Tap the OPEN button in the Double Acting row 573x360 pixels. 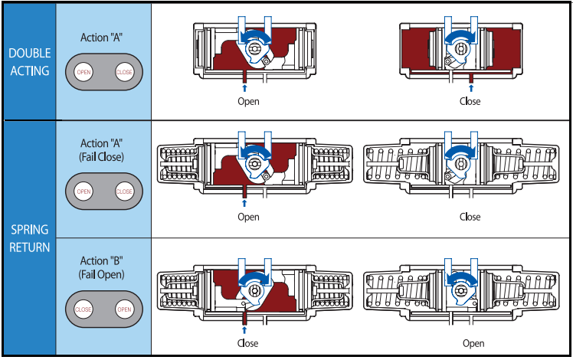click(83, 72)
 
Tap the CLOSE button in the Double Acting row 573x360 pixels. click(123, 72)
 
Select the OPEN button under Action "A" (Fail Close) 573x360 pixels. click(83, 191)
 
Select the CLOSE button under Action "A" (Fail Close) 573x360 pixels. click(123, 191)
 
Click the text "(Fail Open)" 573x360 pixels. click(103, 273)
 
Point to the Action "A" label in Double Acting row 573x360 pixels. click(103, 37)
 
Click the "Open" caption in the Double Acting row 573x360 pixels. click(248, 101)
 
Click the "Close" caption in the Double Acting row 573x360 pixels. click(470, 101)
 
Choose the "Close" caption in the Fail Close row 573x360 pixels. click(470, 217)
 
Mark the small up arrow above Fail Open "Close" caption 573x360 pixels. click(244, 329)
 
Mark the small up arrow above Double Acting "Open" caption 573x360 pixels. click(244, 89)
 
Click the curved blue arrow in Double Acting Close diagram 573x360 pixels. click(461, 36)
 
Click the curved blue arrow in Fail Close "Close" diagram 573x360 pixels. click(461, 153)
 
